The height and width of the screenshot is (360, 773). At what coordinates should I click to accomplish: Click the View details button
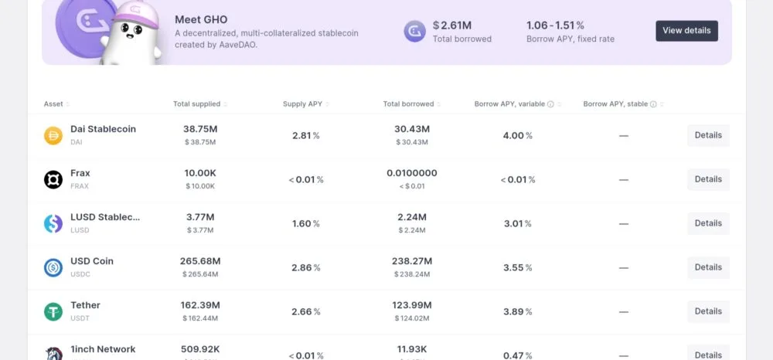pyautogui.click(x=686, y=31)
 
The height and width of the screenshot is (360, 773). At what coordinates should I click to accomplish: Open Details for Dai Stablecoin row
pyautogui.click(x=708, y=135)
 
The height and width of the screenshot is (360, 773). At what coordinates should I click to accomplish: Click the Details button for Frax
pyautogui.click(x=708, y=179)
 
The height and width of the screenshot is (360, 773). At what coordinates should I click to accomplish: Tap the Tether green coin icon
pyautogui.click(x=53, y=311)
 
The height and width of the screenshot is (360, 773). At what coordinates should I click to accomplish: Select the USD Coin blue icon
pyautogui.click(x=53, y=267)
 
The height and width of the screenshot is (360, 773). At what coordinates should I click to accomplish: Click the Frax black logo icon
pyautogui.click(x=53, y=179)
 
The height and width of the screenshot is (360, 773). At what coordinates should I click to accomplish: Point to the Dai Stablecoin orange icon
pyautogui.click(x=53, y=136)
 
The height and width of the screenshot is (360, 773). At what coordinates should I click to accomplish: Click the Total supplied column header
pyautogui.click(x=196, y=104)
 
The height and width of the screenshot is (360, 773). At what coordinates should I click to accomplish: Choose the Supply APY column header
pyautogui.click(x=303, y=104)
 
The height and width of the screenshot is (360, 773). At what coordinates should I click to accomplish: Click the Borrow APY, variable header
pyautogui.click(x=510, y=104)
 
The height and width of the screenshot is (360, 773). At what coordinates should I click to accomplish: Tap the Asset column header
pyautogui.click(x=53, y=104)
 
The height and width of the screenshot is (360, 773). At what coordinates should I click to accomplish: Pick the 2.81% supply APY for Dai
pyautogui.click(x=305, y=136)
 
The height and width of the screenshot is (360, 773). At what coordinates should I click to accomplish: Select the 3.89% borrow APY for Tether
pyautogui.click(x=517, y=311)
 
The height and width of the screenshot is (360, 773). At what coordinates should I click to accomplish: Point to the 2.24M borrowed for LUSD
pyautogui.click(x=412, y=217)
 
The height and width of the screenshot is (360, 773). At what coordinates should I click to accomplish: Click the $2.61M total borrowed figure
pyautogui.click(x=452, y=25)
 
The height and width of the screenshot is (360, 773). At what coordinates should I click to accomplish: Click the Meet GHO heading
pyautogui.click(x=201, y=19)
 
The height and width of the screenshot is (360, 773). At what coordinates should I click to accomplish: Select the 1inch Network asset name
pyautogui.click(x=103, y=349)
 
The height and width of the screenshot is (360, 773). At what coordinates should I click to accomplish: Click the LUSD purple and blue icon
pyautogui.click(x=53, y=223)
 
